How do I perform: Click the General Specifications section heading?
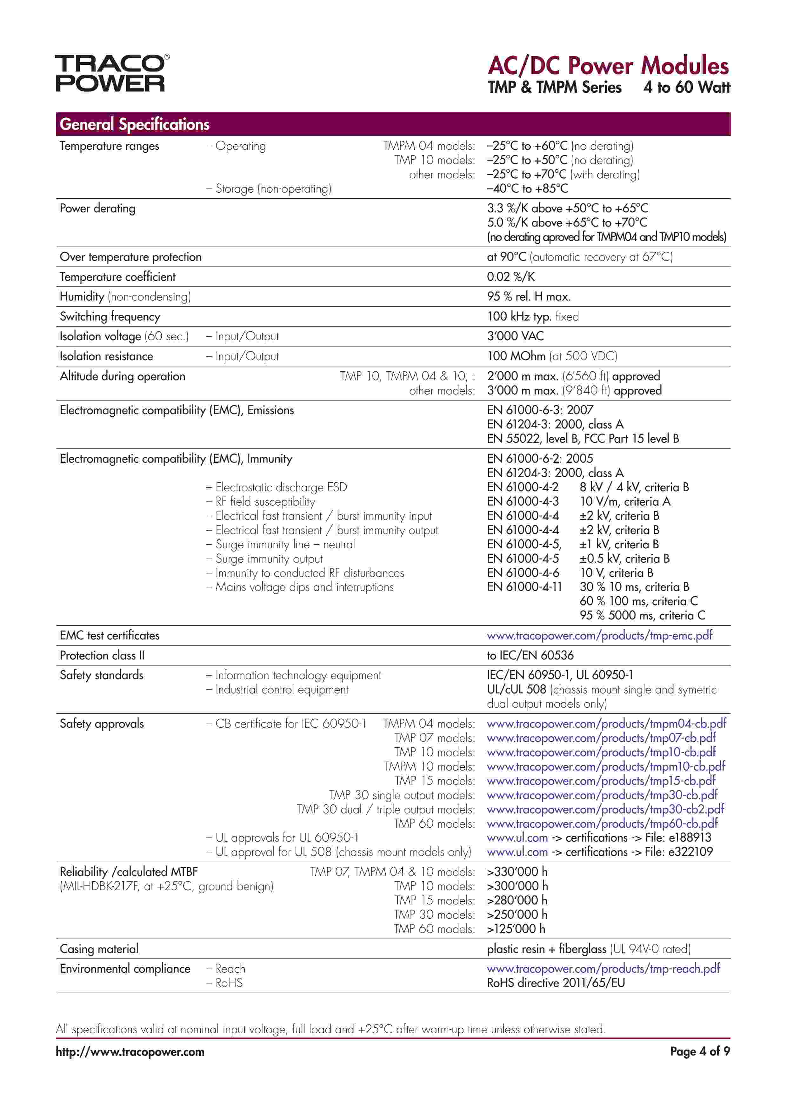(x=134, y=124)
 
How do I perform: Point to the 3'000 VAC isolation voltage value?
(x=515, y=336)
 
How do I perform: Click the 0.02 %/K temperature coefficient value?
(x=511, y=277)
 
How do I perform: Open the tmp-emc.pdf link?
(x=599, y=635)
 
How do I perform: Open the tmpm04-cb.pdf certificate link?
(x=606, y=724)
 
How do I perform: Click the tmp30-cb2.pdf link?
(x=605, y=809)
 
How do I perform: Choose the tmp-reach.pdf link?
(x=603, y=969)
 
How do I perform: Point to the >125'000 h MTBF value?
(x=516, y=929)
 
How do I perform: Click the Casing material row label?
(x=99, y=949)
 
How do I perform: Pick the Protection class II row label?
(x=102, y=655)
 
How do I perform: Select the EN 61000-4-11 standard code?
(x=524, y=587)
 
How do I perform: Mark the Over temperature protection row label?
(x=130, y=257)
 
